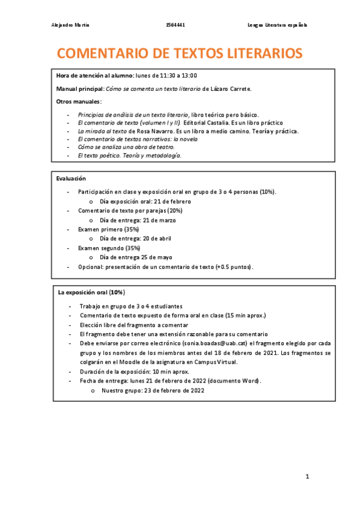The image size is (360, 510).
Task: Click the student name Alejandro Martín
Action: (x=71, y=25)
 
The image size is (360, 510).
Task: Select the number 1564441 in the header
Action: (x=175, y=25)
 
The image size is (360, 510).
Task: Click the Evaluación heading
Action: (x=71, y=179)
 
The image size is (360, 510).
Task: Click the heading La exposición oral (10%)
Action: (x=91, y=292)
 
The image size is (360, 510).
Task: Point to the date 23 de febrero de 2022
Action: (x=172, y=390)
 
